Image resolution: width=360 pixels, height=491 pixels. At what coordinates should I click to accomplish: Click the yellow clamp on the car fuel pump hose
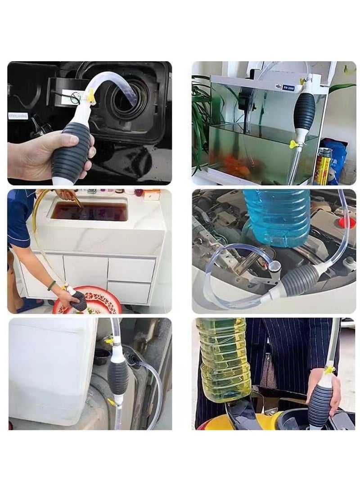pos(92,95)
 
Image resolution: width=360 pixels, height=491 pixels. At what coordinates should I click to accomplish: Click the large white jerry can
pos(52,371)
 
